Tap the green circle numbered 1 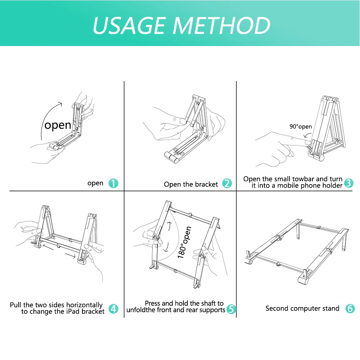(x=113, y=183)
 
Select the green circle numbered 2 (x=227, y=183)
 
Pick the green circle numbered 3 (x=348, y=183)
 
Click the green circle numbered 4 (x=113, y=309)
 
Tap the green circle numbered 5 (x=231, y=309)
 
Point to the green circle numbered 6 (x=350, y=308)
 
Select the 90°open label (x=301, y=127)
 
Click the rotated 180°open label (x=184, y=242)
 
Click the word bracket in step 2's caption (x=206, y=184)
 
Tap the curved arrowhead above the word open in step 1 (x=60, y=104)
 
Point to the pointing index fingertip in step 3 (x=307, y=142)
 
